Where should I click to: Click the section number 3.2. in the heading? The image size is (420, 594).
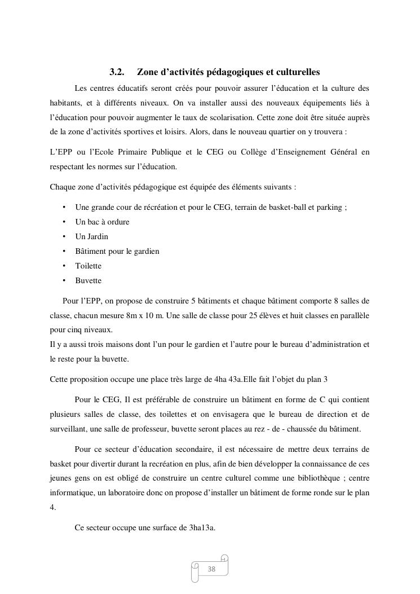tap(117, 72)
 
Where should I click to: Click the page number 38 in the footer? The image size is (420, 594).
tap(211, 569)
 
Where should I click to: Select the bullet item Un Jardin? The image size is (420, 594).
tap(91, 236)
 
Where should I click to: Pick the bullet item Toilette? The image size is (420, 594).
tap(89, 266)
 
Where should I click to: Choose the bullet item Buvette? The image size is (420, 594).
tap(89, 280)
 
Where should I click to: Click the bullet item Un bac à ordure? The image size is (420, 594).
tap(102, 222)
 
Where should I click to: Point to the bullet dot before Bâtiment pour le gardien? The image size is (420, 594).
tap(64, 251)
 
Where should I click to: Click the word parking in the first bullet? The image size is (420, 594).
tap(331, 207)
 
